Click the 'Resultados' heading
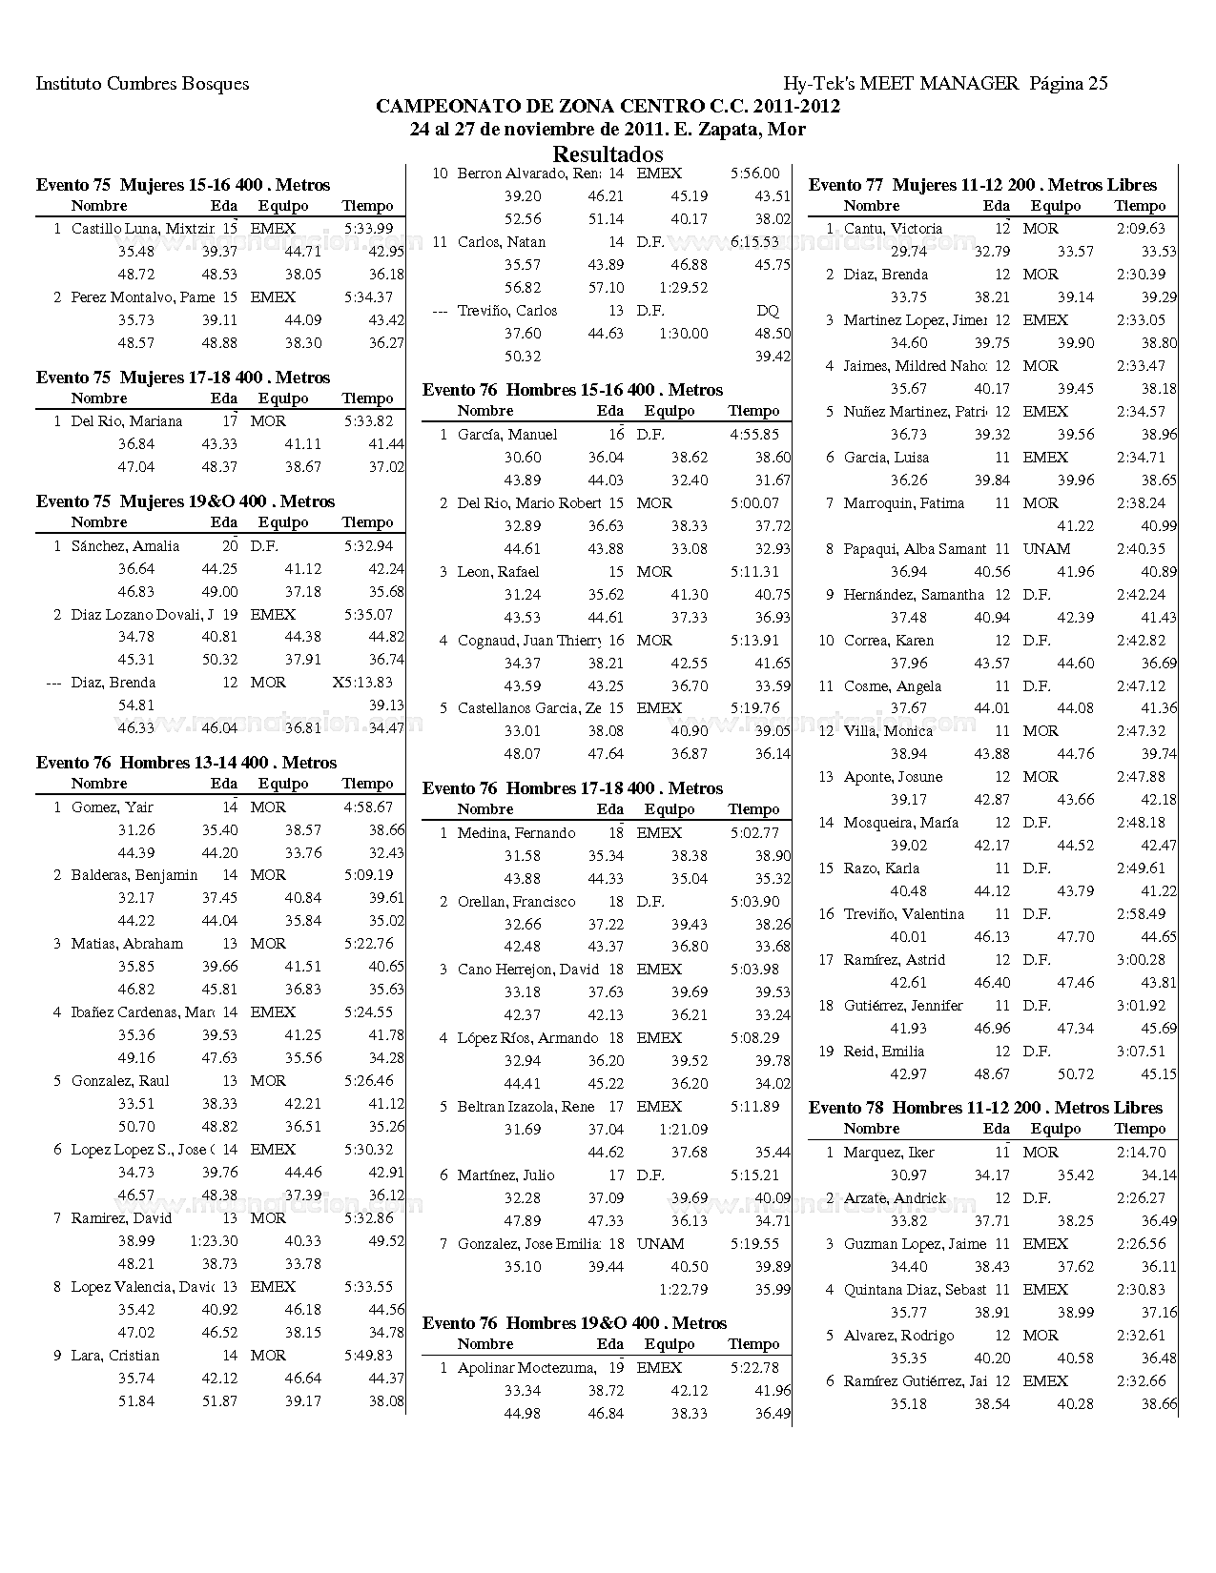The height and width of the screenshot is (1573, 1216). pyautogui.click(x=608, y=154)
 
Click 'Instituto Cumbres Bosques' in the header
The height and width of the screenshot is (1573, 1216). pyautogui.click(x=142, y=84)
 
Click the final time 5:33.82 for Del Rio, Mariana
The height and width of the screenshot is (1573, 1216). pyautogui.click(x=368, y=421)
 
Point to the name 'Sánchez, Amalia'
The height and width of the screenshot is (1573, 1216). pyautogui.click(x=125, y=546)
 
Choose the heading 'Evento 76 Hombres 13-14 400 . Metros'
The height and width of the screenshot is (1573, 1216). pyautogui.click(x=186, y=763)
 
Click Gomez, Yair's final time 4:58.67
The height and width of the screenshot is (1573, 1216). pyautogui.click(x=368, y=807)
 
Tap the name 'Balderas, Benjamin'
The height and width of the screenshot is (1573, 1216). pyautogui.click(x=134, y=875)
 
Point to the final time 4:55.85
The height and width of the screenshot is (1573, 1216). pyautogui.click(x=754, y=435)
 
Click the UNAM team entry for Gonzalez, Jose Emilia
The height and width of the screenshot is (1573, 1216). pyautogui.click(x=660, y=1244)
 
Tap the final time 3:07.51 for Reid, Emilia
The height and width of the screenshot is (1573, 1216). pyautogui.click(x=1141, y=1052)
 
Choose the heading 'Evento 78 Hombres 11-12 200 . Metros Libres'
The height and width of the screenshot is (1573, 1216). pyautogui.click(x=985, y=1108)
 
